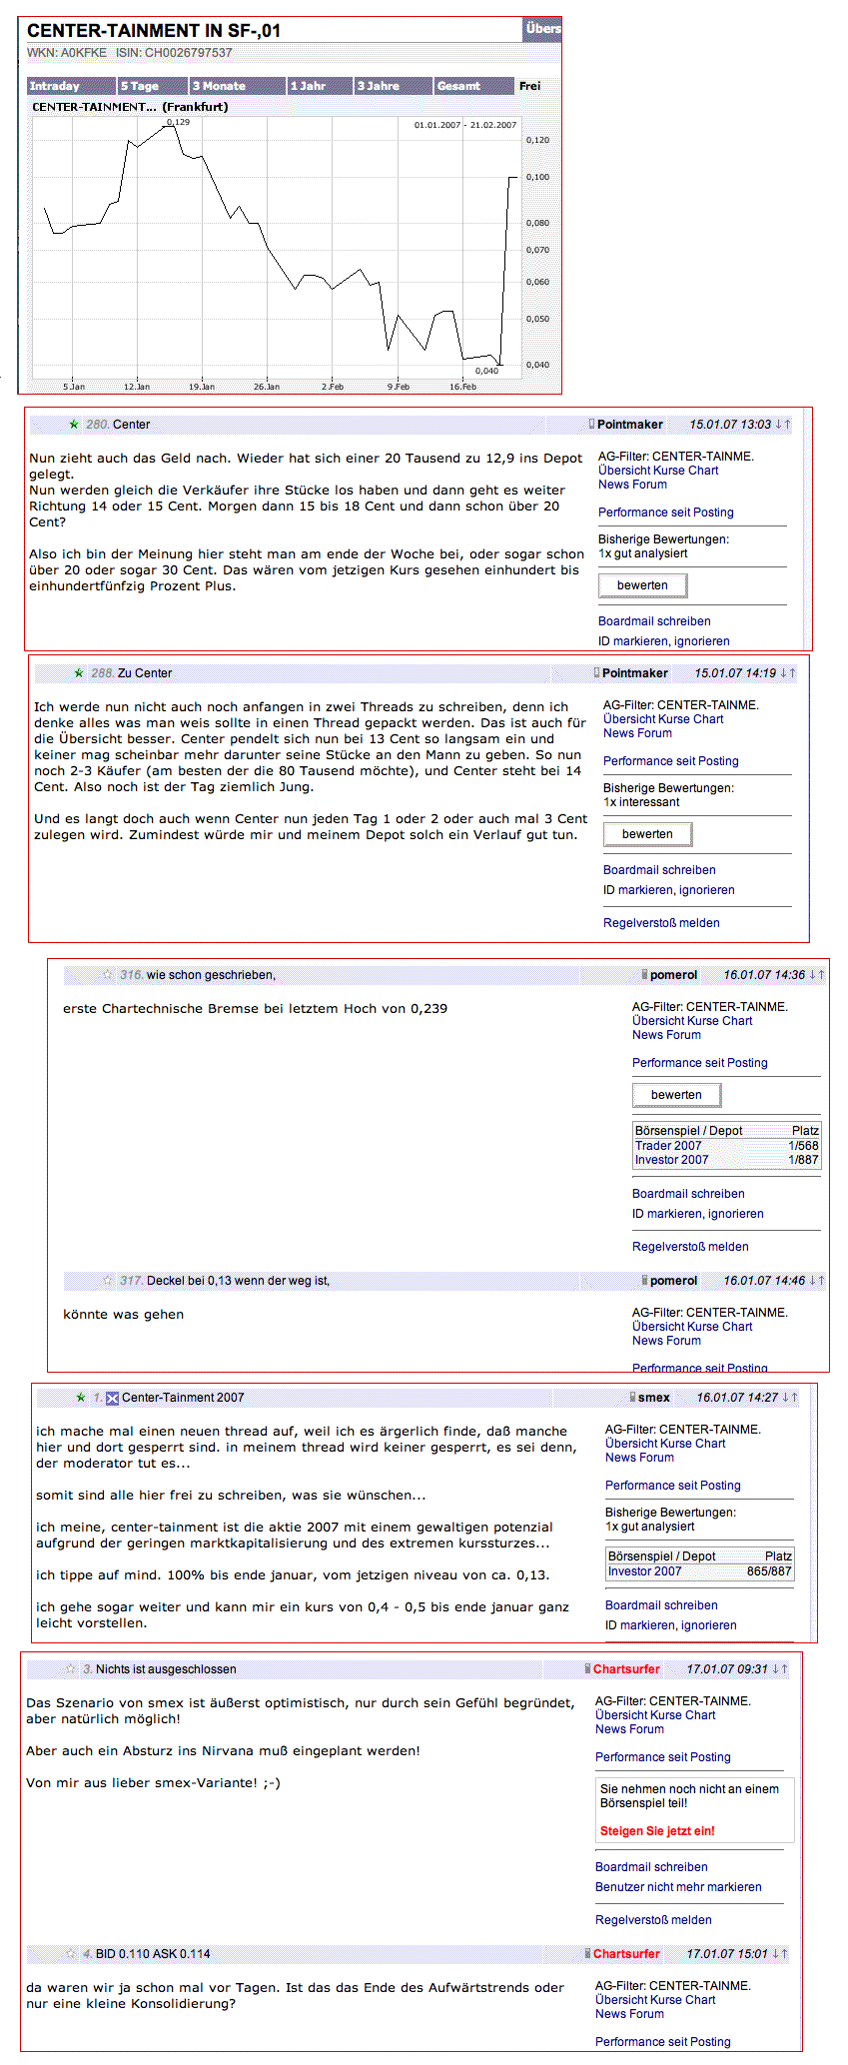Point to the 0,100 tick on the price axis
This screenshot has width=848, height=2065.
point(537,177)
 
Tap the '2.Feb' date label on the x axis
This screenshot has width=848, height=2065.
point(333,387)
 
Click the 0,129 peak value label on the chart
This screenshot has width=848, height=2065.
point(178,122)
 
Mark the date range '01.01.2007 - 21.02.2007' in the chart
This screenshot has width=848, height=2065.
point(465,125)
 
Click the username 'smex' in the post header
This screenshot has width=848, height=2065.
point(654,1398)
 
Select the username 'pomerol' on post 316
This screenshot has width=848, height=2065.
point(674,975)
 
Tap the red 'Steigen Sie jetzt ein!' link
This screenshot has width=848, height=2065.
point(657,1831)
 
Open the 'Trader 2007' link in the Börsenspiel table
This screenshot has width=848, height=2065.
point(668,1146)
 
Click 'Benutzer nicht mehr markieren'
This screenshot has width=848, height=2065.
point(678,1887)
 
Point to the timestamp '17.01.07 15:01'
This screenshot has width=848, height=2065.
point(727,1954)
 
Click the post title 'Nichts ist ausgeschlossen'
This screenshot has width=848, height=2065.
point(166,1669)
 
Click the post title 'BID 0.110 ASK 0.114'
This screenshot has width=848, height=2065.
point(153,1954)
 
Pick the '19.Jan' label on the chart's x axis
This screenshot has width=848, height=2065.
point(202,387)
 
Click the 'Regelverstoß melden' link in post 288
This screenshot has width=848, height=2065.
point(661,923)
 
